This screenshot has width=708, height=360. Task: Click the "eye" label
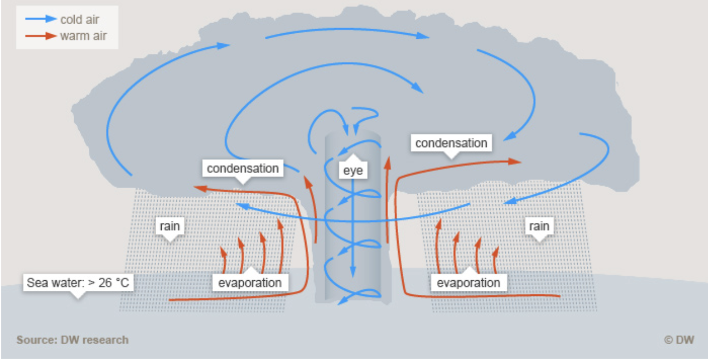pos(353,170)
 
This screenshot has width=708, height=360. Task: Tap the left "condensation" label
pos(242,169)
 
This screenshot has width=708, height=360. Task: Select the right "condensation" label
pos(451,143)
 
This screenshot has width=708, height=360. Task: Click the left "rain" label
pos(169,226)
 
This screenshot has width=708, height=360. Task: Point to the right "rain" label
pos(539,226)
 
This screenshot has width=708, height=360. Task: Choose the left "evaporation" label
pos(250,283)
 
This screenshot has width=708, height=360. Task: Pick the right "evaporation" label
pos(468,283)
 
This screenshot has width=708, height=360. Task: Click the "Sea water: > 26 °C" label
pos(78,283)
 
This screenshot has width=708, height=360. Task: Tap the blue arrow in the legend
pos(41,19)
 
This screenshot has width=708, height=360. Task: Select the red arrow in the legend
pos(41,36)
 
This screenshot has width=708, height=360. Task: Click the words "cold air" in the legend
pos(80,19)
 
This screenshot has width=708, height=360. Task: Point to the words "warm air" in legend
pos(83,36)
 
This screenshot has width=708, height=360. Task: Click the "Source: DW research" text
pos(72,340)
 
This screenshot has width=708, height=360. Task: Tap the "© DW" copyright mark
pos(678,340)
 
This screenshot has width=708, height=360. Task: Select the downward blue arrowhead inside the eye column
pos(353,272)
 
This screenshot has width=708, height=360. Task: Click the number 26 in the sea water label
pos(105,283)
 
